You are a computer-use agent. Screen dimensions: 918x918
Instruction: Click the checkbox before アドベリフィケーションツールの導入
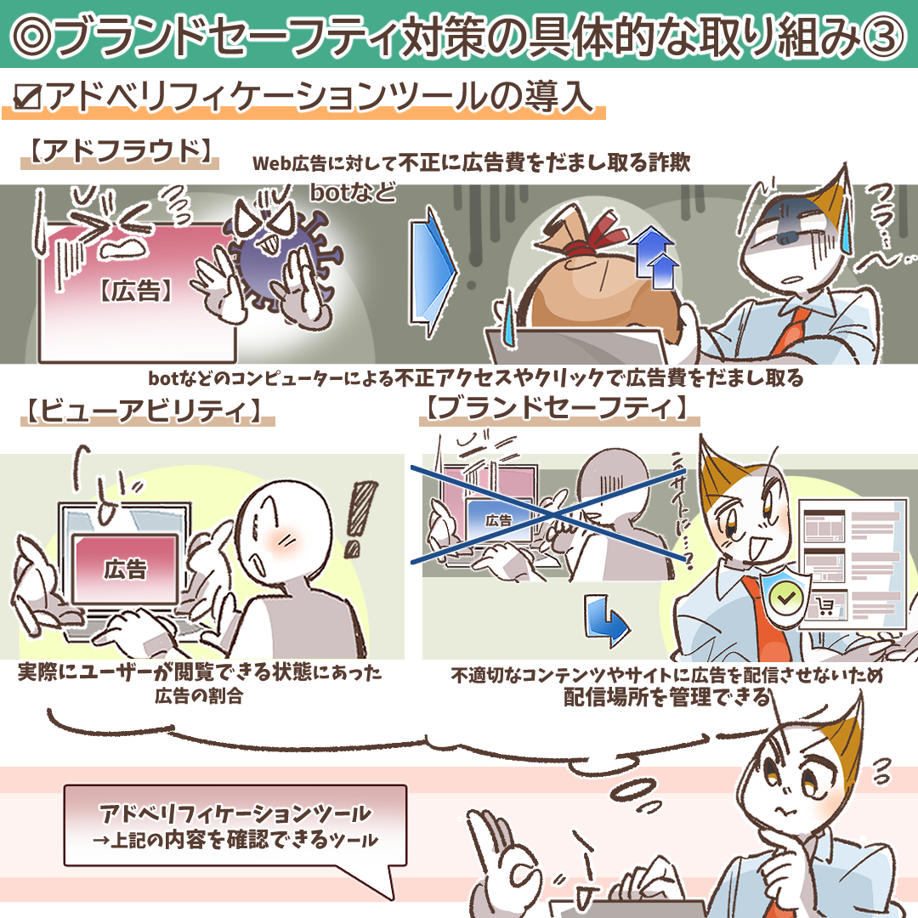pyautogui.click(x=27, y=97)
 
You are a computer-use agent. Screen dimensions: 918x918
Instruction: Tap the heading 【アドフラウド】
pyautogui.click(x=120, y=151)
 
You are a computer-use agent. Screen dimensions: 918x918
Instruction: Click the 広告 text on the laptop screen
pyautogui.click(x=125, y=569)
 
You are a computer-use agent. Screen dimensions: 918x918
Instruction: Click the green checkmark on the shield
pyautogui.click(x=786, y=598)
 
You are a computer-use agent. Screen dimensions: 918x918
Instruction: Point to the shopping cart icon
pyautogui.click(x=825, y=605)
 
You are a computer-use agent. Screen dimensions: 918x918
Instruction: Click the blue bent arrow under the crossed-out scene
pyautogui.click(x=607, y=620)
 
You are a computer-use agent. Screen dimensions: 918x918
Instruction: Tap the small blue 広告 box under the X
pyautogui.click(x=498, y=520)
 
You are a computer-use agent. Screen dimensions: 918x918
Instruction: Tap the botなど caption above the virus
pyautogui.click(x=353, y=192)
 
